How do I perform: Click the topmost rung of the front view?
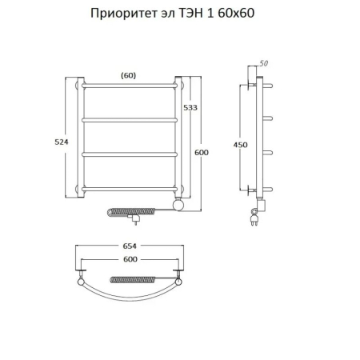coord(128,83)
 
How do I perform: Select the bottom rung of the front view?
coord(128,189)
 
